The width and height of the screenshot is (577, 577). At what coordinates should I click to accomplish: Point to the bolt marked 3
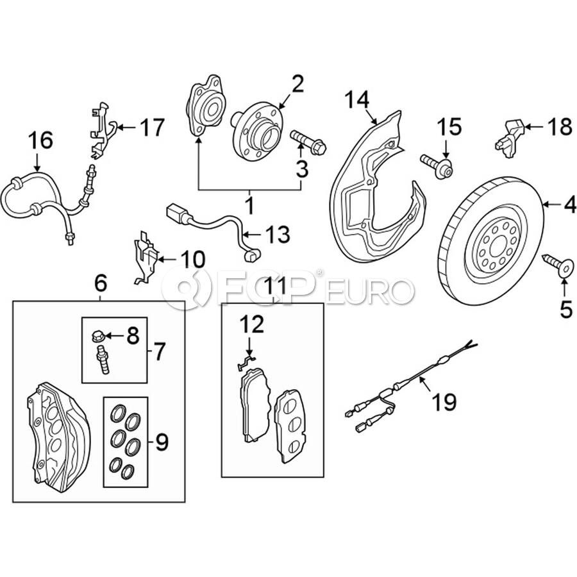pos(308,142)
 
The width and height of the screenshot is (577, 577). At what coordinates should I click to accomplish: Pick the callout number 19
pos(444,402)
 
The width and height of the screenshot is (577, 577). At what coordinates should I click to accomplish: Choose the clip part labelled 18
pos(509,134)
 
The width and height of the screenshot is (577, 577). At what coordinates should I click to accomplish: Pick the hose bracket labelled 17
pos(99,131)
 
